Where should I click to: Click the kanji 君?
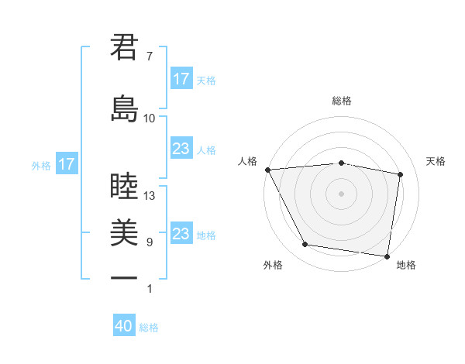point(125,47)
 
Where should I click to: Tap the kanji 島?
point(125,108)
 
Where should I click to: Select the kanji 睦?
point(125,187)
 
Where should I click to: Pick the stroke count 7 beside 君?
point(149,57)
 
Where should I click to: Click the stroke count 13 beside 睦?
point(150,196)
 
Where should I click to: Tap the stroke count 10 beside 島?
point(150,118)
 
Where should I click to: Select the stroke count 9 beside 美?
point(149,242)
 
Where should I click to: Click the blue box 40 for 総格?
point(124,326)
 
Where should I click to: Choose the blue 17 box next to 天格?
point(181,78)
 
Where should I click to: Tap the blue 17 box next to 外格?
point(66,164)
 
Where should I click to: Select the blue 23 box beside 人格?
point(181,149)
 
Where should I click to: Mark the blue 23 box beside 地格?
point(181,234)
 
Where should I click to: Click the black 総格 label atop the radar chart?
point(342,101)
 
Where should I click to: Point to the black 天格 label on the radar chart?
point(436,161)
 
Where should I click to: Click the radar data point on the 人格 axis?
point(267,170)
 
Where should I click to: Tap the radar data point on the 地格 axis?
point(387,256)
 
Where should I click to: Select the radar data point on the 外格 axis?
point(305,245)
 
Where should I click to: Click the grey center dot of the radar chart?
point(342,194)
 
